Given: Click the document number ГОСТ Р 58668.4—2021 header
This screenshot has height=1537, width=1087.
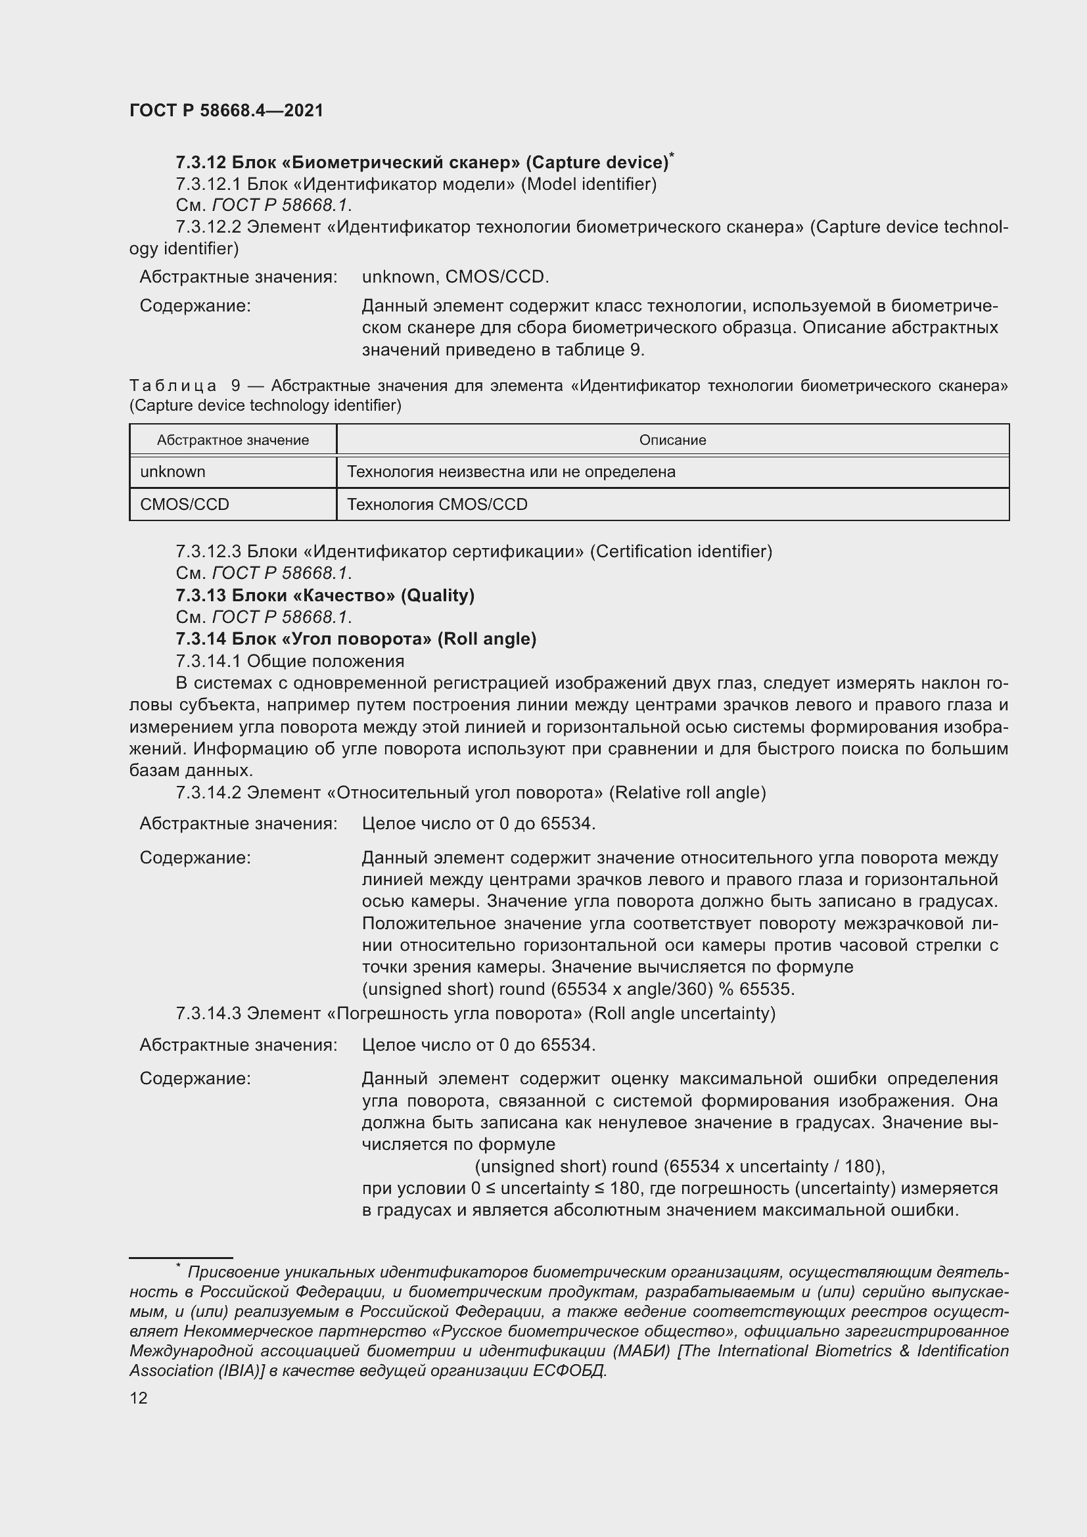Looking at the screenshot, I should (x=226, y=110).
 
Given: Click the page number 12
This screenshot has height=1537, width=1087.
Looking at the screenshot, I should (x=139, y=1398).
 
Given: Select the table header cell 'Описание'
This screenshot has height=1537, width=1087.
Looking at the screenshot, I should (x=672, y=440).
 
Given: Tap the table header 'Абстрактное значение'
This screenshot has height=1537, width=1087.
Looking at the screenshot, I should (x=233, y=440).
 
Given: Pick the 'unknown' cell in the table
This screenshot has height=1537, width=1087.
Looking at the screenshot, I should (x=173, y=471).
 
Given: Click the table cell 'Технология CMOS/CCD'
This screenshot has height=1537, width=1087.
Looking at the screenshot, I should (x=437, y=504).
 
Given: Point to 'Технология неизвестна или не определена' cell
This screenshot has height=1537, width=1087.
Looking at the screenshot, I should (x=511, y=471).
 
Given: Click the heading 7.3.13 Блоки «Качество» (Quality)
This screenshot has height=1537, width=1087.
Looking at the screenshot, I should (x=325, y=595).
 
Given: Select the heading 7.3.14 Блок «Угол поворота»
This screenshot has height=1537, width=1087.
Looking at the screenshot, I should (x=356, y=639).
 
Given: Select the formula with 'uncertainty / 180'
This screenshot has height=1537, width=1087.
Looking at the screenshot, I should (x=680, y=1166).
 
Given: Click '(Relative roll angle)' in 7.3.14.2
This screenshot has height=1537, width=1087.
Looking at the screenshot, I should (x=687, y=792).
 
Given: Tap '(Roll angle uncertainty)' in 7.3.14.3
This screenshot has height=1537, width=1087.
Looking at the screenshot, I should (x=682, y=1013).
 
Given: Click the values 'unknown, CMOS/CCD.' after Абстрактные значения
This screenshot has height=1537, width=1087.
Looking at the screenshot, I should (x=455, y=277).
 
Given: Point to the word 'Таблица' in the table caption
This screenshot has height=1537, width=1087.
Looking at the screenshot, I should (x=173, y=386).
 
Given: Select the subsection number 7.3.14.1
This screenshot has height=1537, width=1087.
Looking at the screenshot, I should (x=208, y=660).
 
